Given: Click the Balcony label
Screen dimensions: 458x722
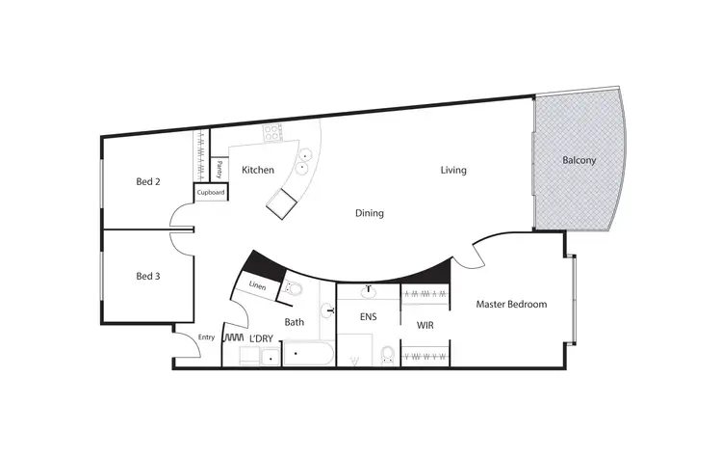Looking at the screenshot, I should (580, 161).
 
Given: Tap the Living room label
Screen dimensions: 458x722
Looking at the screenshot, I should (453, 171).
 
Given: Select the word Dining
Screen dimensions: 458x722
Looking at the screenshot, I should (370, 213).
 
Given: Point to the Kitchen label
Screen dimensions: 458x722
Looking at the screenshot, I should (258, 171).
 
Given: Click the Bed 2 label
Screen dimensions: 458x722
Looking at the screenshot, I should (147, 181).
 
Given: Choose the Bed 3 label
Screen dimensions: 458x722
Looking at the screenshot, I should (147, 276).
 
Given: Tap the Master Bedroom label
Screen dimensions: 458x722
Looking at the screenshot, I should (511, 305).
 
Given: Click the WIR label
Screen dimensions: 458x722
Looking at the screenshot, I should (425, 326).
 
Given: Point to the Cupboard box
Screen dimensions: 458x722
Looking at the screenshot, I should (211, 193).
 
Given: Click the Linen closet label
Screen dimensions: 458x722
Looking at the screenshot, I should (257, 285).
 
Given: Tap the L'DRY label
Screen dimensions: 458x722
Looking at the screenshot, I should (263, 339).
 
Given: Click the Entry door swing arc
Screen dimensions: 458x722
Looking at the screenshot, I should (187, 344).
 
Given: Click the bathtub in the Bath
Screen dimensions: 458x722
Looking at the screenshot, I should (301, 356).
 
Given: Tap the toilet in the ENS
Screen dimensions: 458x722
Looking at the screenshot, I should (385, 355).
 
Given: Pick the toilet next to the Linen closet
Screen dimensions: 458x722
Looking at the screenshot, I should (295, 288).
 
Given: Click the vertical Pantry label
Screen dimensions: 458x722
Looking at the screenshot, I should (219, 169).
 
